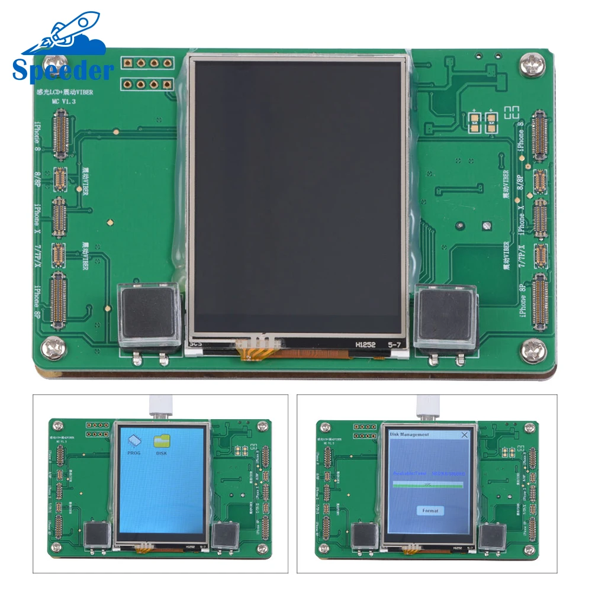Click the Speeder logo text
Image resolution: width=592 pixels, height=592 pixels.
(x=62, y=69)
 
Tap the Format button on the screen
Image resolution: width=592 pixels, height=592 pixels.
(x=430, y=510)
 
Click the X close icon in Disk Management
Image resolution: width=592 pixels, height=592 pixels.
(x=464, y=435)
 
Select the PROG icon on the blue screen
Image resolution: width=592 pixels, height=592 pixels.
(x=134, y=444)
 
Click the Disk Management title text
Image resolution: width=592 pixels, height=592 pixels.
(x=409, y=435)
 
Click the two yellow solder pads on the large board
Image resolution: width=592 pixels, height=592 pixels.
(x=482, y=123)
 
